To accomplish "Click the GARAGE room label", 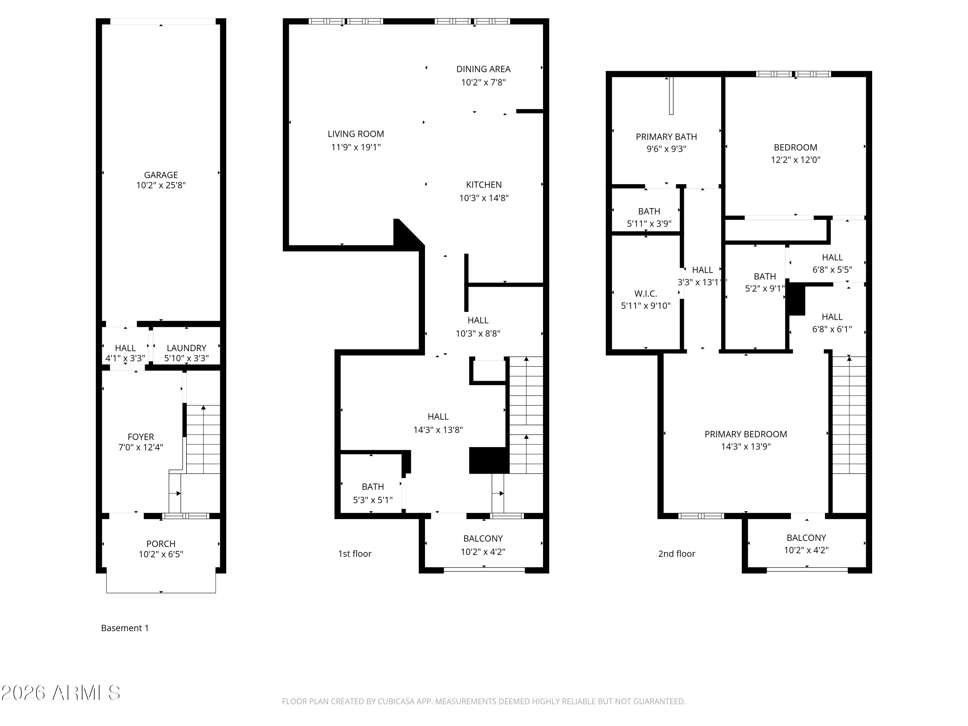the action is (x=161, y=175).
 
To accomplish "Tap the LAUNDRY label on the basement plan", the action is (x=187, y=348).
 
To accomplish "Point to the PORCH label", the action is (x=161, y=543).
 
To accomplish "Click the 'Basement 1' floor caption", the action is (x=125, y=628).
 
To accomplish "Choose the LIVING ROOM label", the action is (x=356, y=134).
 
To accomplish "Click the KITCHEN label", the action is (x=484, y=185).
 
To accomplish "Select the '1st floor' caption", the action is (x=355, y=554).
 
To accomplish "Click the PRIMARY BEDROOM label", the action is (x=746, y=434).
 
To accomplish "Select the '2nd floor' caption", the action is (x=677, y=554).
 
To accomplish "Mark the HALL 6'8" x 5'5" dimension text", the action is (x=832, y=269).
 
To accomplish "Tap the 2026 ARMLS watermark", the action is (x=61, y=693).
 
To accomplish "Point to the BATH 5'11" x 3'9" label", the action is (x=649, y=217).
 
